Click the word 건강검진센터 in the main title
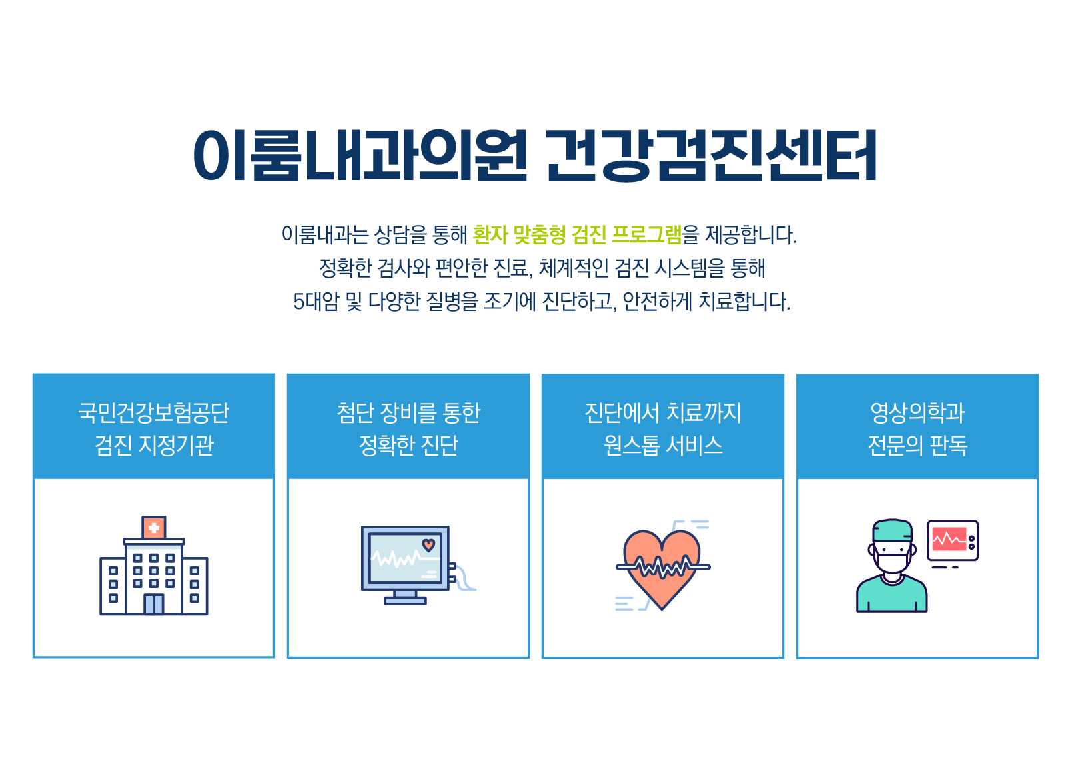[712, 155]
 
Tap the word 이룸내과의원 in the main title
[360, 155]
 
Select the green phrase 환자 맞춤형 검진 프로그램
[577, 235]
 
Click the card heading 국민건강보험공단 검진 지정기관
[154, 429]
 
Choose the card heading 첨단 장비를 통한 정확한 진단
[408, 429]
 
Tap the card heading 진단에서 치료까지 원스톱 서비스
[663, 429]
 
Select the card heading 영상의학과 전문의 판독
[917, 429]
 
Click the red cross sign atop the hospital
[154, 528]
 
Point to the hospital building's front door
[154, 604]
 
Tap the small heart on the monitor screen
[428, 545]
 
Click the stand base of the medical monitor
[405, 601]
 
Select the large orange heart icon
[662, 566]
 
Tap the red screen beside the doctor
[949, 540]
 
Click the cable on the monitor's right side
[464, 579]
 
